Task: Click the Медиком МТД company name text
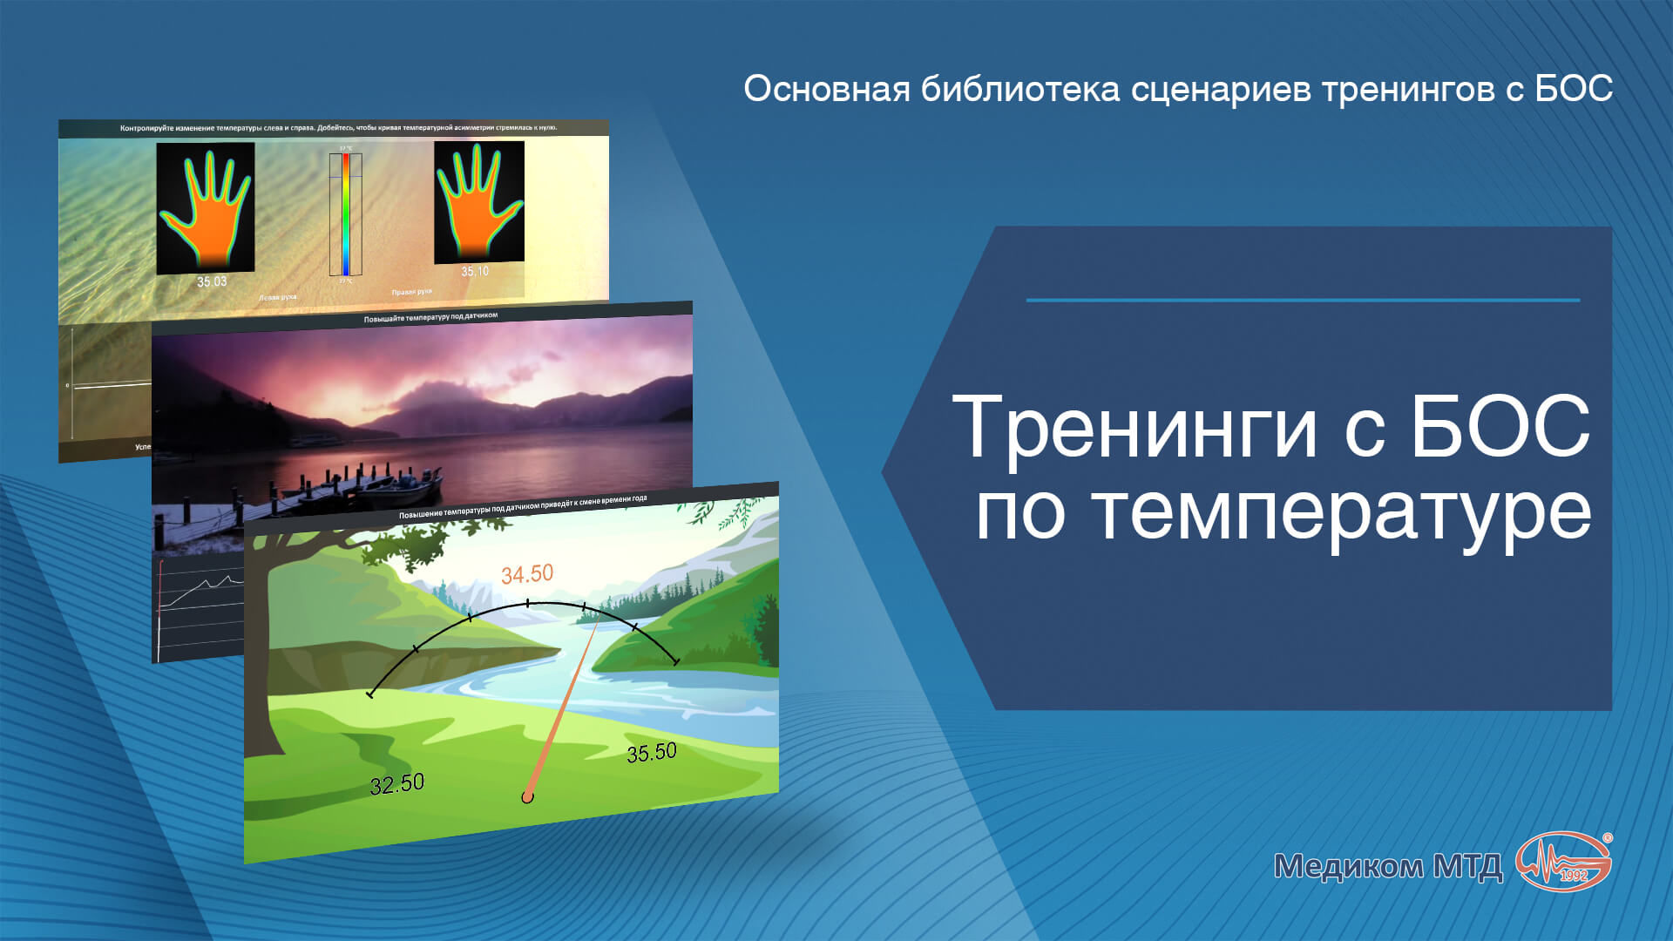pos(1387,866)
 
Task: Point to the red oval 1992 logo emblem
pos(1564,862)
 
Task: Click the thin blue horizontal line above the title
pos(1303,301)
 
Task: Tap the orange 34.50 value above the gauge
pos(527,574)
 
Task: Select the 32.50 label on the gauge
pos(397,784)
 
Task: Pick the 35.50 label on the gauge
pos(652,752)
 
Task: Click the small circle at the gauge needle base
pos(526,797)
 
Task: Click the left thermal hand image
pos(206,207)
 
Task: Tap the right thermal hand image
pos(479,201)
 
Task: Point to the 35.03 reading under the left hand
pos(212,281)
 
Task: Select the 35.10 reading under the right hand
pos(475,272)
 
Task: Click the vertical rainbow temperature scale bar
pos(345,213)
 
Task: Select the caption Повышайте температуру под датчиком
pos(430,317)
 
